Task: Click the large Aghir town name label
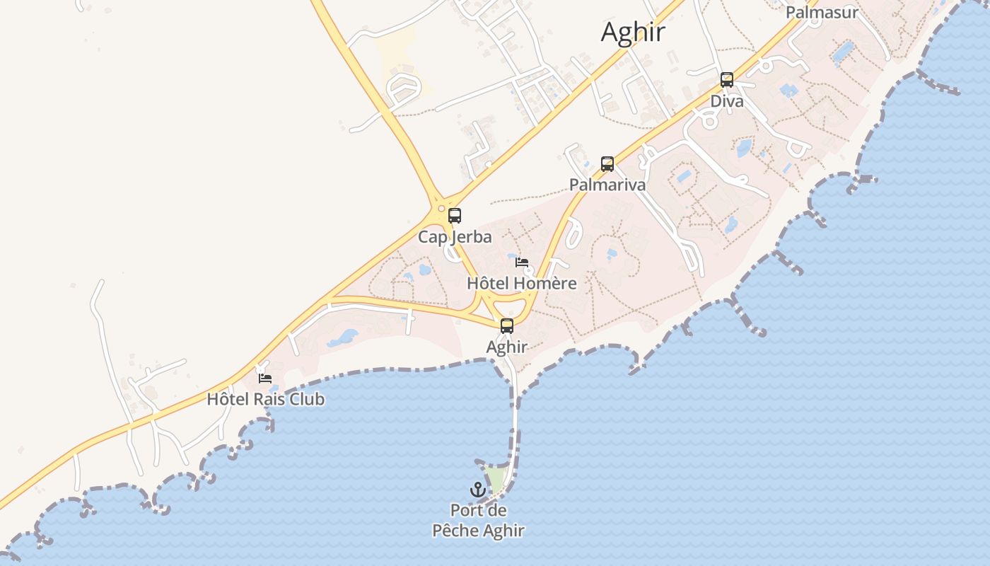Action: [x=634, y=33]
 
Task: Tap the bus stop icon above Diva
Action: [x=727, y=80]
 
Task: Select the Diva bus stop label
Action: [x=727, y=101]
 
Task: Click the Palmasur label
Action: [x=822, y=12]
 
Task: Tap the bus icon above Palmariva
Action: [x=607, y=164]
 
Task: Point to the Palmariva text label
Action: [x=607, y=185]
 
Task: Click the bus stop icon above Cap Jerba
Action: [x=455, y=216]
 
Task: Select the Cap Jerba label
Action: [x=455, y=236]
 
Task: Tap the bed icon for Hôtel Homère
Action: [x=522, y=262]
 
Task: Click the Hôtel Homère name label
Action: [x=522, y=283]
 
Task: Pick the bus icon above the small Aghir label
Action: [x=507, y=326]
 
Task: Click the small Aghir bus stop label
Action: [x=507, y=347]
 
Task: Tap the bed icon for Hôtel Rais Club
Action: [x=265, y=379]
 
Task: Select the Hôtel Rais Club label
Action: [x=265, y=399]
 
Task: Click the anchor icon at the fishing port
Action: [x=478, y=489]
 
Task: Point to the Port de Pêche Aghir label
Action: [x=478, y=520]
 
